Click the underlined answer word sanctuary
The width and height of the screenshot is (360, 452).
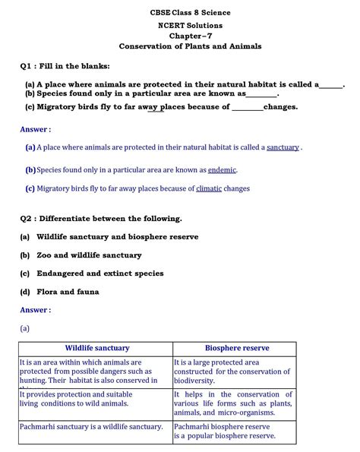pos(283,147)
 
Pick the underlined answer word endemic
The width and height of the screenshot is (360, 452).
pos(222,170)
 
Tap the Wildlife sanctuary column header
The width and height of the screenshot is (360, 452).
pos(96,348)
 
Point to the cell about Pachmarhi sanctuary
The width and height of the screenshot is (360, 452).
pos(91,427)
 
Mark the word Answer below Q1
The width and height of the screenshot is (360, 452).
pos(34,130)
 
